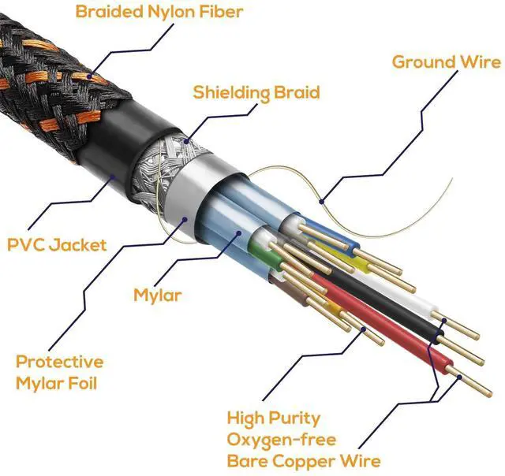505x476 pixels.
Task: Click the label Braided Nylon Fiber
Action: pyautogui.click(x=159, y=11)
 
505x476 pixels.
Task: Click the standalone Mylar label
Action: pyautogui.click(x=158, y=296)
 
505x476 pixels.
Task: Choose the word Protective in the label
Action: pyautogui.click(x=59, y=362)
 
